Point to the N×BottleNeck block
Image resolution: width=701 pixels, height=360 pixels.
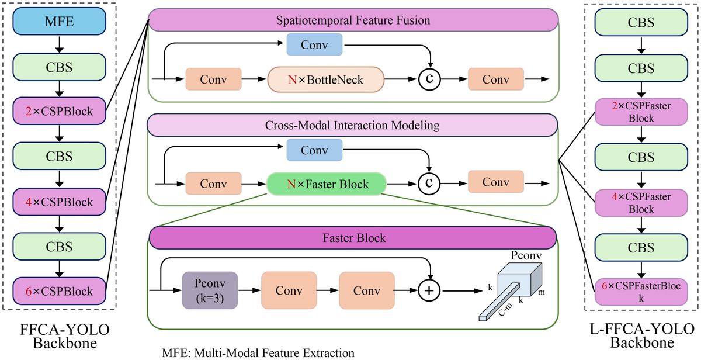tap(326, 79)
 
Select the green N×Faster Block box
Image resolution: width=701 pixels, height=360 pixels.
tap(326, 184)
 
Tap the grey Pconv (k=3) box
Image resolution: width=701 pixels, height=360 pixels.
tap(210, 290)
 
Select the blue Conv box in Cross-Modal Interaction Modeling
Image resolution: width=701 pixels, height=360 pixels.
tap(314, 150)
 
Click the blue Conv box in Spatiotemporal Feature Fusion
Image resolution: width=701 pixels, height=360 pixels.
tap(314, 44)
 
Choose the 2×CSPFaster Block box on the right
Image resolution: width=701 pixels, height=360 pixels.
tap(641, 111)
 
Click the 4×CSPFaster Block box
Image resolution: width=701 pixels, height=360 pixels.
tap(641, 202)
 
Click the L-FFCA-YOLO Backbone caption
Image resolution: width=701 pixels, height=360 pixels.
tap(641, 335)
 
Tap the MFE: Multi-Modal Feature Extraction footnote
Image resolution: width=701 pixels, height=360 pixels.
tap(258, 353)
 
